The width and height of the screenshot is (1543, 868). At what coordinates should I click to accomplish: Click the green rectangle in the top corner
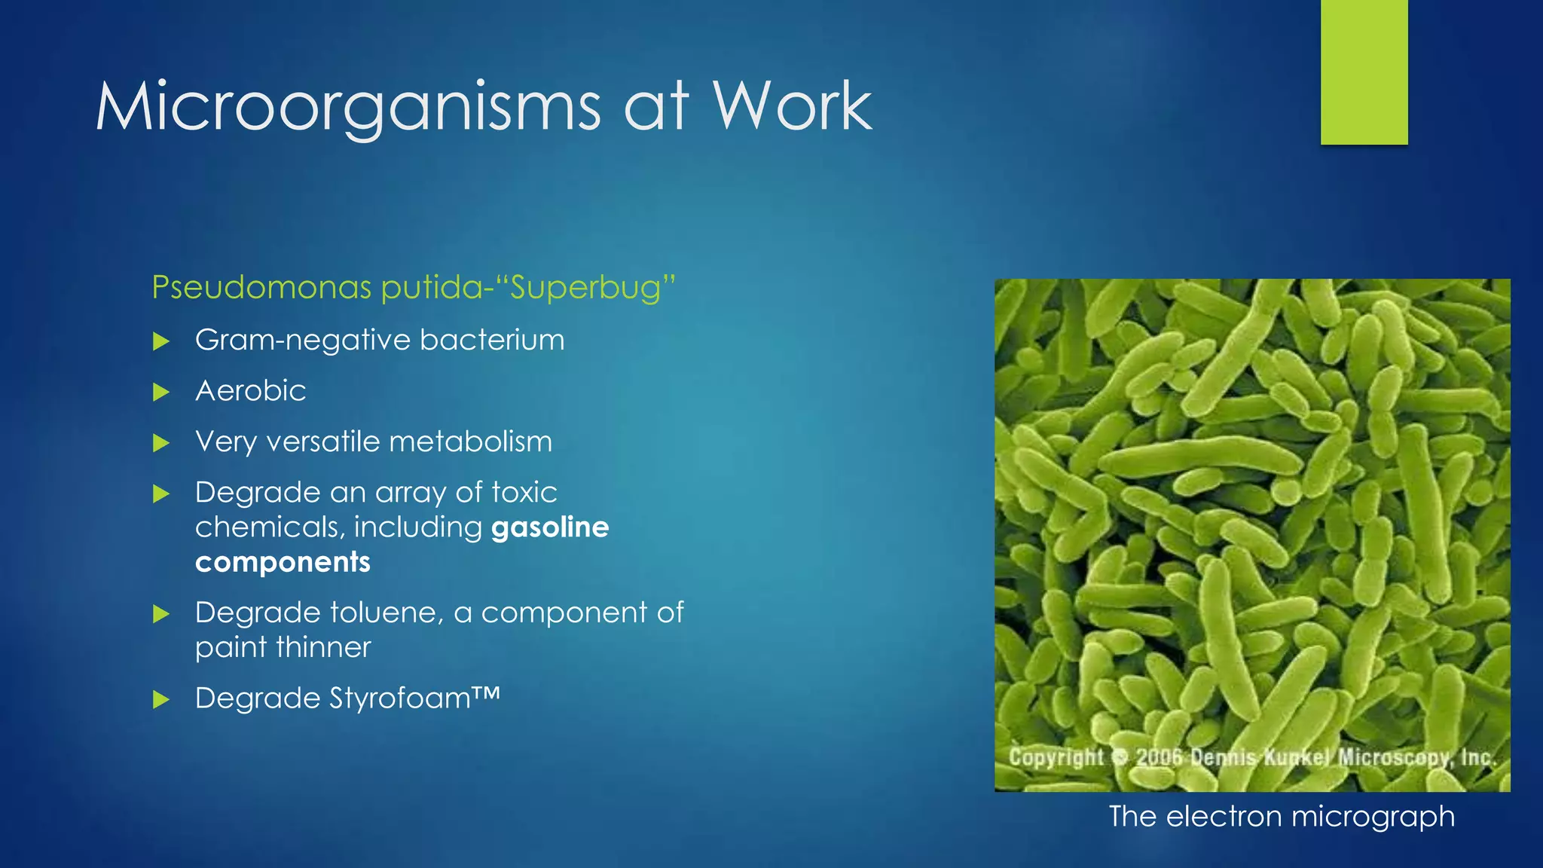tap(1364, 72)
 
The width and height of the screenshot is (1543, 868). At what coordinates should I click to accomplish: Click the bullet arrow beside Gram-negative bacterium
tap(160, 342)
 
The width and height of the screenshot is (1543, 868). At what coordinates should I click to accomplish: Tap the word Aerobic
tap(250, 391)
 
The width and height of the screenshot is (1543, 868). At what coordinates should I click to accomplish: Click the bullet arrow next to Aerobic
tap(160, 393)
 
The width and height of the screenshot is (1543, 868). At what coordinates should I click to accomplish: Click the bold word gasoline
tap(549, 527)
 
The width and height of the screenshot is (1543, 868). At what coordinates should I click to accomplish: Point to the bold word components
tap(283, 562)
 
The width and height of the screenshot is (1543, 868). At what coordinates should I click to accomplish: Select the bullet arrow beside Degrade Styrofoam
tap(160, 700)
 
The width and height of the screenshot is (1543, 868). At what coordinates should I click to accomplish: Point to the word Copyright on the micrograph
tap(1056, 756)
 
